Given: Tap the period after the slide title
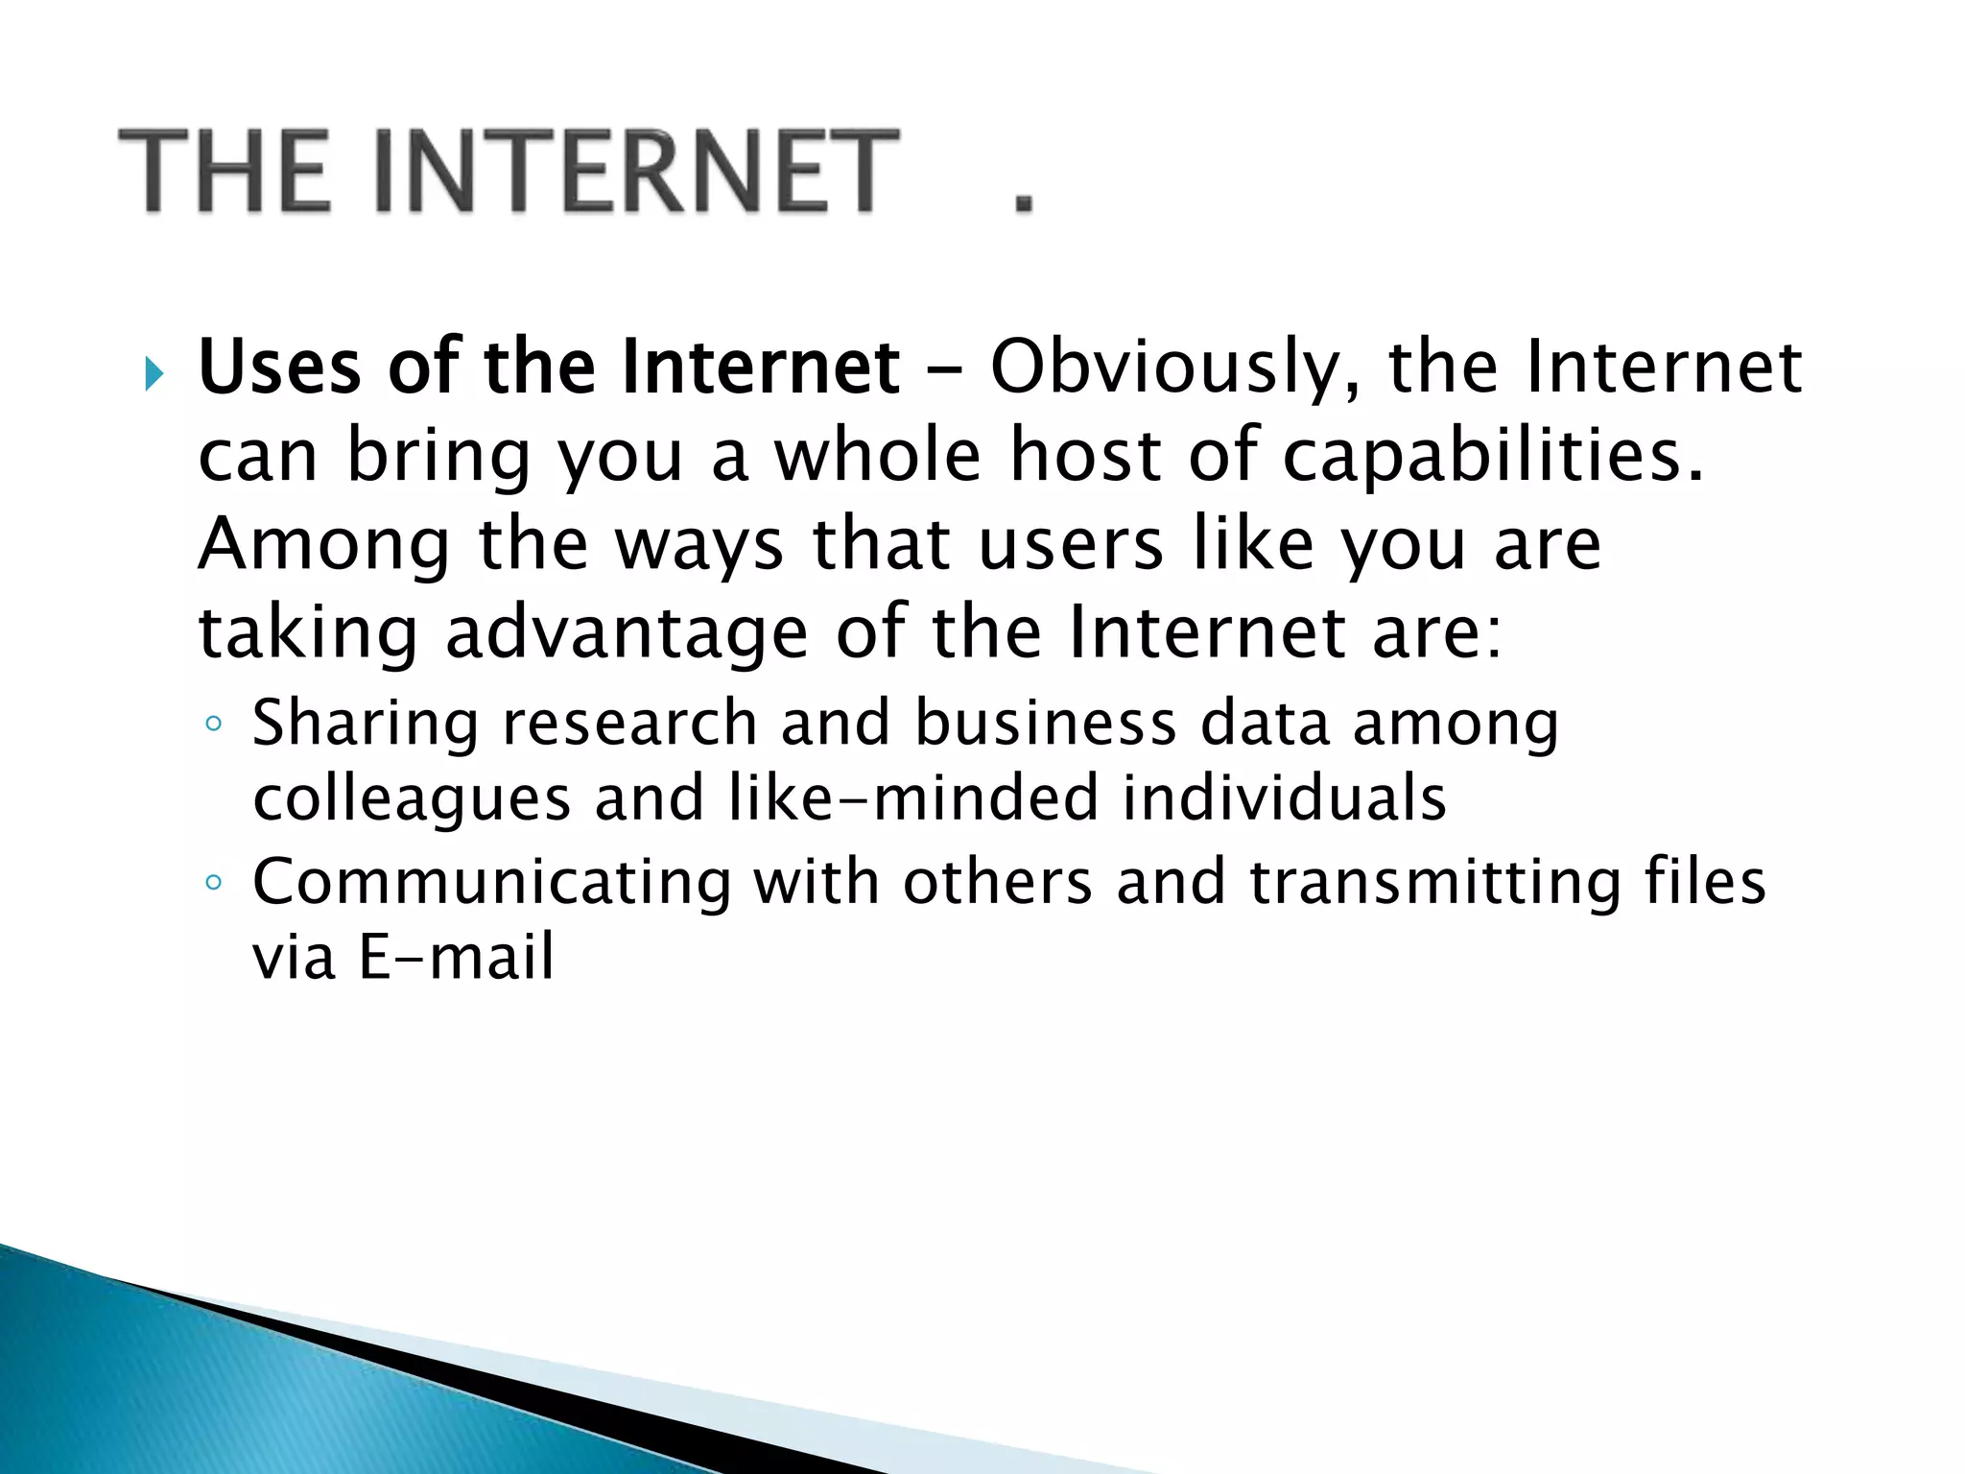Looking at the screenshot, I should coord(1025,202).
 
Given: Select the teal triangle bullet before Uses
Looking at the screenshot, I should coord(154,373).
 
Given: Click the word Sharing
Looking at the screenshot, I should coord(365,724).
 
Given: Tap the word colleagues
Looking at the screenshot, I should coord(412,799).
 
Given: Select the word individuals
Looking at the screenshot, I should coord(1284,797).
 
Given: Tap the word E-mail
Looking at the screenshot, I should coord(456,957).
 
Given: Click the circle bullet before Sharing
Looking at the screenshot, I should coord(214,724).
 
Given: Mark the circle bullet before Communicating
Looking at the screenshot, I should coord(214,883).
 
